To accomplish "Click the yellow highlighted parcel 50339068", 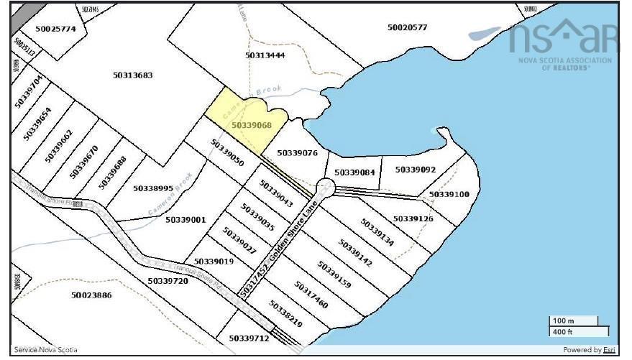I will pyautogui.click(x=244, y=115).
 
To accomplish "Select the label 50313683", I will pyautogui.click(x=133, y=75).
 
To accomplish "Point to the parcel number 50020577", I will pyautogui.click(x=407, y=27).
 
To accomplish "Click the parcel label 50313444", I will pyautogui.click(x=265, y=55).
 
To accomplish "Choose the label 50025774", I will pyautogui.click(x=55, y=29).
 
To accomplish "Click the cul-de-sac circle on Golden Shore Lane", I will pyautogui.click(x=326, y=188).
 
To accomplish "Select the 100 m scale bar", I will pyautogui.click(x=574, y=320).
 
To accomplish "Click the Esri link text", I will pyautogui.click(x=609, y=350).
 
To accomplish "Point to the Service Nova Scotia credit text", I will pyautogui.click(x=45, y=350).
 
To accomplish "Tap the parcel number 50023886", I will pyautogui.click(x=91, y=295).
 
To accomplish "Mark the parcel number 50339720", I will pyautogui.click(x=168, y=281).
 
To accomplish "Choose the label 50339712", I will pyautogui.click(x=249, y=338).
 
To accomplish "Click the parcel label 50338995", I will pyautogui.click(x=153, y=188).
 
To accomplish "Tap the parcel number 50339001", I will pyautogui.click(x=186, y=220).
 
